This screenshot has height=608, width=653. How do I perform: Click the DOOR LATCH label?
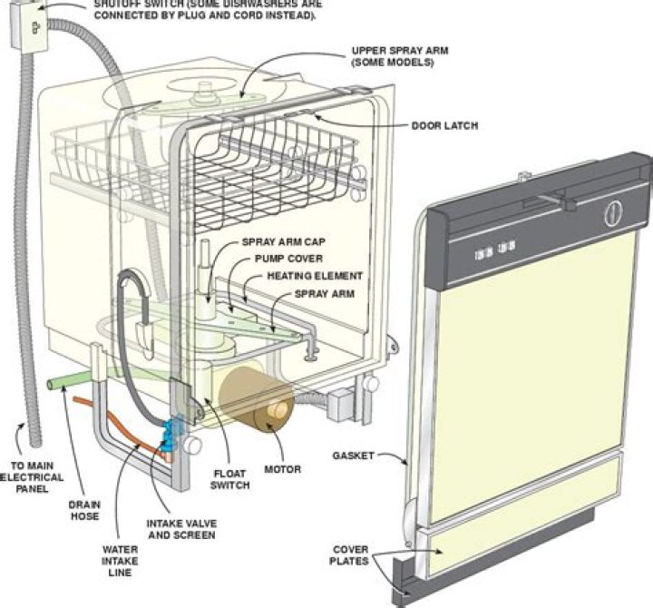(x=443, y=126)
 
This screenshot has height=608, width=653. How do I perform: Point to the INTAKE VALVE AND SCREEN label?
(x=181, y=528)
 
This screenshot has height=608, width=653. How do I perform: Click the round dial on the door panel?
(x=613, y=215)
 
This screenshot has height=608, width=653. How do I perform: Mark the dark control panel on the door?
(x=535, y=227)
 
